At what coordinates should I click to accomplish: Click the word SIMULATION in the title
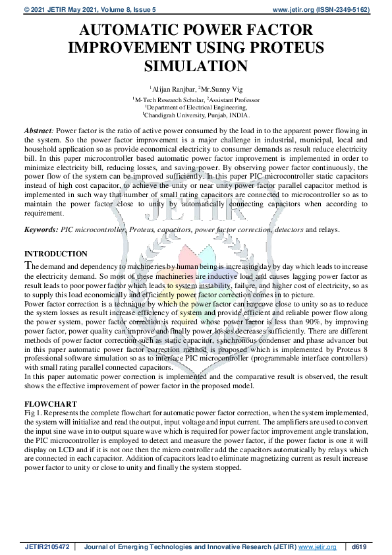pyautogui.click(x=196, y=66)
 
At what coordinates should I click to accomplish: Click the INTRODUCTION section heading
pyautogui.click(x=56, y=254)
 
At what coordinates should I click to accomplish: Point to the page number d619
pyautogui.click(x=359, y=546)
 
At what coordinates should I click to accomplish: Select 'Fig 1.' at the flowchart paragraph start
pyautogui.click(x=33, y=411)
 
